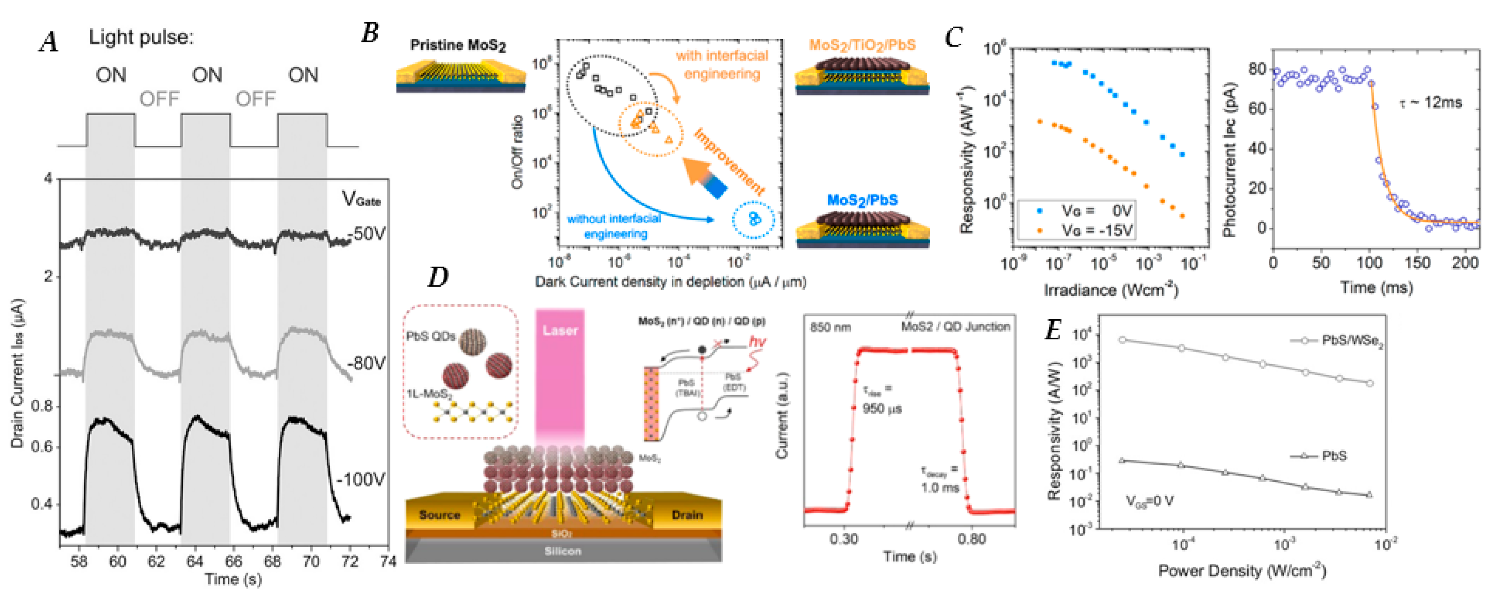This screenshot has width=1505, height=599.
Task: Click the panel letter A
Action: (x=49, y=42)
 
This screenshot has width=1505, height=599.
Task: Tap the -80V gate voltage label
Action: (x=366, y=363)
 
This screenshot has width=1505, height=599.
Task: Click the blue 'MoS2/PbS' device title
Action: (x=862, y=200)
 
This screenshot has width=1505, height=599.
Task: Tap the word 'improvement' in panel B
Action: (x=729, y=162)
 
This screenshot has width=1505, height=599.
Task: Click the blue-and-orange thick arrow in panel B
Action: (x=706, y=179)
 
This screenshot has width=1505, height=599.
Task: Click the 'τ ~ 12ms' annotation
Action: (x=1430, y=103)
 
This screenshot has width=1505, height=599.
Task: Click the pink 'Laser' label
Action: (x=560, y=331)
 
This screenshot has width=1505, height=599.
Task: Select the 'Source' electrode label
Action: (x=440, y=515)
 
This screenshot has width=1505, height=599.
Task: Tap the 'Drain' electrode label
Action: (x=687, y=515)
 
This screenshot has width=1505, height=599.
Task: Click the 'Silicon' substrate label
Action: (x=563, y=551)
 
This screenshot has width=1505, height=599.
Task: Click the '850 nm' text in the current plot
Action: (x=830, y=327)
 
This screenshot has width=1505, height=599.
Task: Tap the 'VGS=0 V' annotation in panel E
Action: (x=1150, y=501)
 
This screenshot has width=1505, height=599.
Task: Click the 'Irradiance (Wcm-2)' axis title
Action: (x=1111, y=290)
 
